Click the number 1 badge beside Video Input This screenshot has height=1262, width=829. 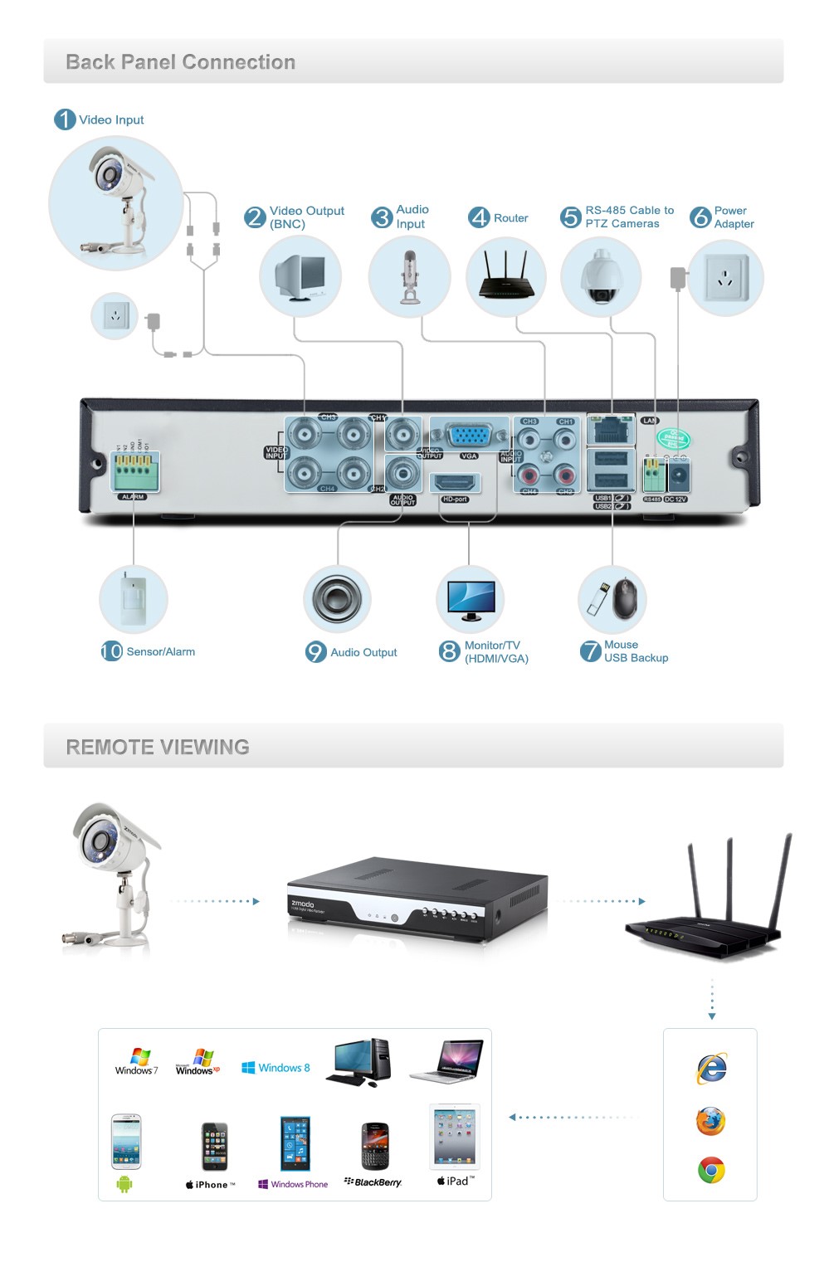point(65,119)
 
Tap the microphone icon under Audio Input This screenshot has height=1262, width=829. point(409,277)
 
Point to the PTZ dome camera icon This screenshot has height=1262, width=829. point(601,277)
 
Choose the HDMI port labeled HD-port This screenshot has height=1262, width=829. point(455,482)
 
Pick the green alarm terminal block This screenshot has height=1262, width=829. point(134,472)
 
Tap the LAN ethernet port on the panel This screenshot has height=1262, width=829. point(611,430)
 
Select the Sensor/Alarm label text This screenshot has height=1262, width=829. point(160,652)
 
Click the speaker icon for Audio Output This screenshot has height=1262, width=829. point(337,599)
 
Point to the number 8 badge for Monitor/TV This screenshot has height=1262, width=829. point(449,651)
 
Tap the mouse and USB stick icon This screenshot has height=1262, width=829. point(612,599)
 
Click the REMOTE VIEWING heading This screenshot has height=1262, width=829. point(158,747)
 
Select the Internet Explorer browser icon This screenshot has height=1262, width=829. point(711,1068)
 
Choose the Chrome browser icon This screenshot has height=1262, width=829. point(711,1170)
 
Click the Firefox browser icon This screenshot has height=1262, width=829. point(710,1121)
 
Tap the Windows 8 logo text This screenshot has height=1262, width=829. point(276,1068)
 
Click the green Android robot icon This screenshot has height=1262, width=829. point(124,1184)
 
